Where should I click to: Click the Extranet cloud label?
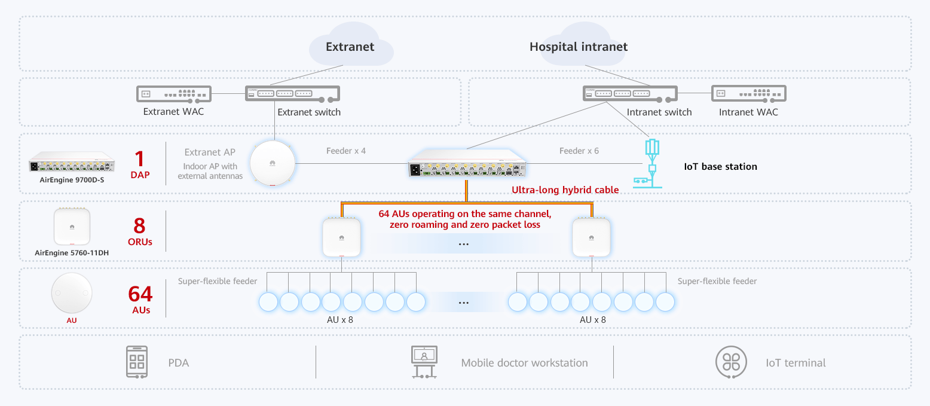[x=350, y=47]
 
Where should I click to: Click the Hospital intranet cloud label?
[x=578, y=47]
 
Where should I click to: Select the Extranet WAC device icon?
[x=174, y=94]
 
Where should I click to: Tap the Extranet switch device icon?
[x=292, y=94]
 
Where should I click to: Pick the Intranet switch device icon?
[x=630, y=94]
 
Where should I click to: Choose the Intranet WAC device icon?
[x=748, y=94]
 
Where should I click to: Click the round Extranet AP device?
[x=273, y=163]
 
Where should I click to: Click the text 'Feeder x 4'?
[x=345, y=151]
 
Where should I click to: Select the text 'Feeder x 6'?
[x=579, y=151]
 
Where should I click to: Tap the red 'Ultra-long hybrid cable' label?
[x=565, y=190]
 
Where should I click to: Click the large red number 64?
[x=140, y=294]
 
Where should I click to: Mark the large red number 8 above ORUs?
[x=140, y=226]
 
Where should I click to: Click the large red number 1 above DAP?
[x=140, y=158]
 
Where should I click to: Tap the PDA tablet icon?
[x=137, y=362]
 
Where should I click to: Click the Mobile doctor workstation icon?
[x=424, y=362]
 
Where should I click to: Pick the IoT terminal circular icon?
[x=731, y=362]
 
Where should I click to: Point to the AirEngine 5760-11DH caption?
[x=72, y=253]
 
